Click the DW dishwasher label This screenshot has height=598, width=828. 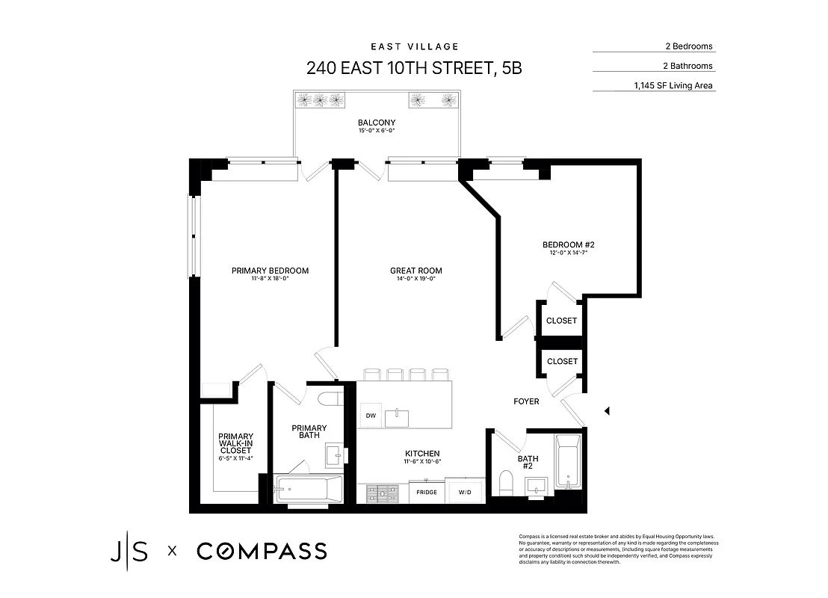tap(370, 416)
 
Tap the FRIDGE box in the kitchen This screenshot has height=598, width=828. tap(427, 492)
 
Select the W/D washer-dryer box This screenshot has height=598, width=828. tap(466, 492)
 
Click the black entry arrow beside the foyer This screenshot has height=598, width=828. tap(608, 410)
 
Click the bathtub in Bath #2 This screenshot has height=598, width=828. tap(569, 462)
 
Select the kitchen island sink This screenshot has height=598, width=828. tap(397, 417)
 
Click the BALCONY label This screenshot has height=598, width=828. tap(377, 123)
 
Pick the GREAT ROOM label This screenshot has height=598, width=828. tap(416, 271)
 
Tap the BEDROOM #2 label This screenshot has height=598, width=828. tap(568, 245)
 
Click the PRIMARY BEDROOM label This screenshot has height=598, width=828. tap(270, 271)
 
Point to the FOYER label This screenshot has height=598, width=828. tap(526, 401)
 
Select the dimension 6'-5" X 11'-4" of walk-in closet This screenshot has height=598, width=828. tap(236, 457)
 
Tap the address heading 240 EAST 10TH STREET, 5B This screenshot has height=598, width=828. tap(414, 68)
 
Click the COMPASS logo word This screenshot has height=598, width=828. tap(262, 552)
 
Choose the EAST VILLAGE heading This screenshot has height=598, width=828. tap(414, 46)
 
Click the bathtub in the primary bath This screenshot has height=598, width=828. tap(308, 490)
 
